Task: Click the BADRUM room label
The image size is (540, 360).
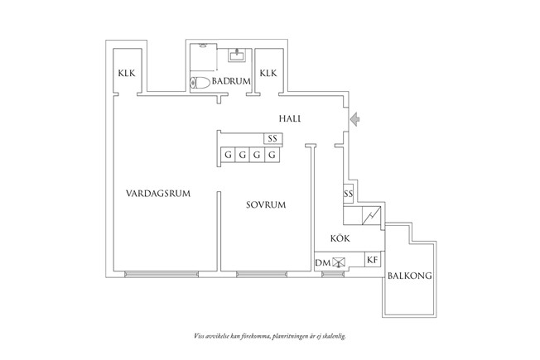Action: (x=231, y=82)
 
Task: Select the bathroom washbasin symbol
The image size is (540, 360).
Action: (x=237, y=56)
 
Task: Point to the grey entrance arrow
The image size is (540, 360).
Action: (x=355, y=119)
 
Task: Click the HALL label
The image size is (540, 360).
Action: (x=289, y=119)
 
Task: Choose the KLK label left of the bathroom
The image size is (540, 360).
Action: (x=128, y=74)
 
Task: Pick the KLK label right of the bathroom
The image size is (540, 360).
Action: (x=268, y=74)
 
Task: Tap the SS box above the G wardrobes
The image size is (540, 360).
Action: (x=272, y=139)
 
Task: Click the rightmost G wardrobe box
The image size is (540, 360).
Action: (x=271, y=155)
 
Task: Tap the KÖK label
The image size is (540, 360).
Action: (x=340, y=238)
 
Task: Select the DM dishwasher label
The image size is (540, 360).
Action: (x=322, y=262)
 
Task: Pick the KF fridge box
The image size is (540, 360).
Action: (x=373, y=260)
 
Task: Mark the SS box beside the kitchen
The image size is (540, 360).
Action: (x=349, y=194)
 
